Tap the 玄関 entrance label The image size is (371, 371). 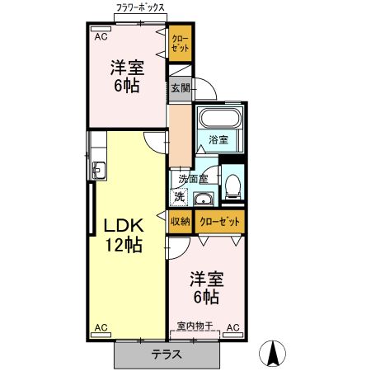pyautogui.click(x=181, y=88)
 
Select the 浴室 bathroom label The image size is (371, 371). pyautogui.click(x=218, y=139)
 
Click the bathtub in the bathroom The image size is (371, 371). pyautogui.click(x=219, y=116)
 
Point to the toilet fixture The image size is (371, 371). pyautogui.click(x=232, y=185)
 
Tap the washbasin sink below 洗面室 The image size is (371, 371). pyautogui.click(x=203, y=199)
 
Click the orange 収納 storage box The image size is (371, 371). pyautogui.click(x=181, y=221)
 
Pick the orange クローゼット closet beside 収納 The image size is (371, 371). pyautogui.click(x=220, y=221)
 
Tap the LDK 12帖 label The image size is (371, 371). pyautogui.click(x=123, y=233)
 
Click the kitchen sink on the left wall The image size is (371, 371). pyautogui.click(x=98, y=171)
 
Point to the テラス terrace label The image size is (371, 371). pyautogui.click(x=167, y=355)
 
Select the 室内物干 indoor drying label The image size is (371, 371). pyautogui.click(x=194, y=327)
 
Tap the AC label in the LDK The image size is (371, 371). pyautogui.click(x=101, y=327)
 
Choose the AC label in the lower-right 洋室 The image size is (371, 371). pyautogui.click(x=232, y=327)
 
